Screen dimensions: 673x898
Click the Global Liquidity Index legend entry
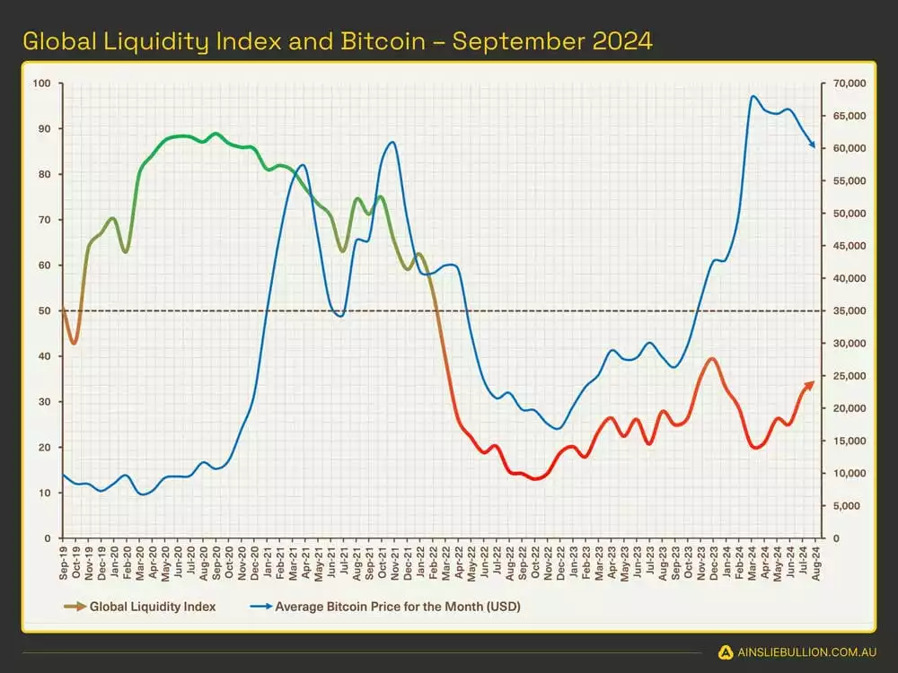(x=153, y=607)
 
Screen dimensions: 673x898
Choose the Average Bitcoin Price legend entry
(x=398, y=607)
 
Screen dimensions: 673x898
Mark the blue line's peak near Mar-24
(x=753, y=96)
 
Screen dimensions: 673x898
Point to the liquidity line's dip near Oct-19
(x=75, y=343)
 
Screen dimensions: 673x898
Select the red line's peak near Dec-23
(x=712, y=358)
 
